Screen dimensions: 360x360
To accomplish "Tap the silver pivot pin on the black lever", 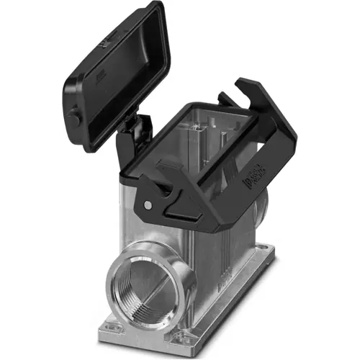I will click(x=148, y=204).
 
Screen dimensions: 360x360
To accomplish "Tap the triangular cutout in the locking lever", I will click(x=167, y=189).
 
